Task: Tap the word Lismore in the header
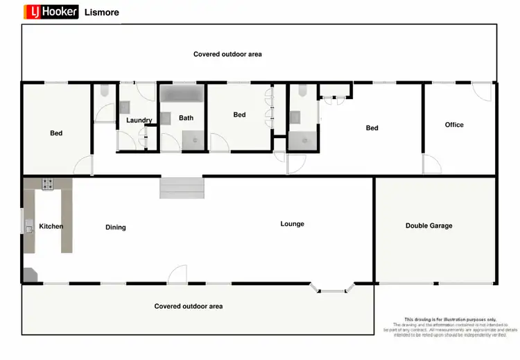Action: tap(101, 12)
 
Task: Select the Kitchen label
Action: tap(51, 226)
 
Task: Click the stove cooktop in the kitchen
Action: tap(49, 185)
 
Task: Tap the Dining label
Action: tap(116, 227)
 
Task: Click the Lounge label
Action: tap(292, 223)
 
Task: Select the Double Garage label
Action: tap(428, 225)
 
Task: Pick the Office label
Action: tap(454, 125)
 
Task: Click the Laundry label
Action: tap(139, 120)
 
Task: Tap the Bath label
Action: tap(186, 118)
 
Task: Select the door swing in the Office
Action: tap(432, 165)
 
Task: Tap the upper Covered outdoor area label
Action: tap(227, 54)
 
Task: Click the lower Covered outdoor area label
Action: tap(189, 306)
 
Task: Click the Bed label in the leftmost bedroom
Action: tap(56, 132)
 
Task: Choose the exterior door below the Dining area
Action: tap(178, 275)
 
